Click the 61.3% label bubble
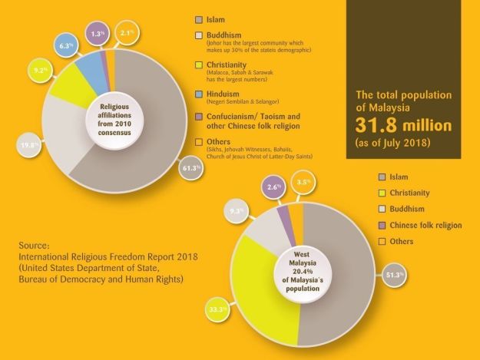pos(191,168)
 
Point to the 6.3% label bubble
pos(65,45)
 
